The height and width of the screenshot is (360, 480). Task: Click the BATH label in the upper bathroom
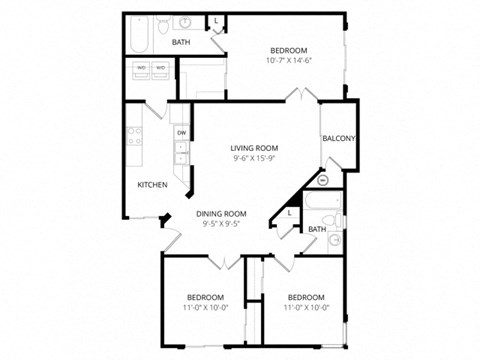click(181, 43)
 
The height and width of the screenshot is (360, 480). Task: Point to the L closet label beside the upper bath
click(217, 21)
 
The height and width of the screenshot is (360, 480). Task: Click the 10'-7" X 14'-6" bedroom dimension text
click(289, 61)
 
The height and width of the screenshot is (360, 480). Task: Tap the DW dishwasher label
click(181, 132)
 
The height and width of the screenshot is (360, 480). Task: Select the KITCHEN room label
click(152, 185)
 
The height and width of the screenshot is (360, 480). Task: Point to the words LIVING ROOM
click(254, 147)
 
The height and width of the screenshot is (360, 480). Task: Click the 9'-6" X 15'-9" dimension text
click(254, 158)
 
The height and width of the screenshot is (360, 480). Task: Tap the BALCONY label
click(339, 139)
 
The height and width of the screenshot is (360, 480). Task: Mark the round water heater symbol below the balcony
click(322, 180)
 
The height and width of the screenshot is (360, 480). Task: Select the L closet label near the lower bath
click(290, 212)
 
